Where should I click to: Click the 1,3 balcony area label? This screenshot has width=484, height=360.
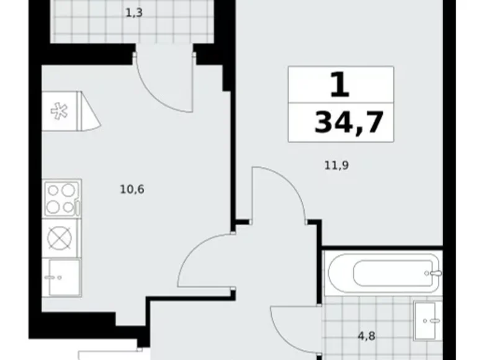[x=134, y=13]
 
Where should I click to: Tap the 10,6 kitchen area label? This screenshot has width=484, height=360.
[x=132, y=189]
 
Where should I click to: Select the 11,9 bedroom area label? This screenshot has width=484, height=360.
[x=336, y=166]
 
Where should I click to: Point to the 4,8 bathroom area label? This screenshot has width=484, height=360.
[x=366, y=336]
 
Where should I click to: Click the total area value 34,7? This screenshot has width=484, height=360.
[x=349, y=122]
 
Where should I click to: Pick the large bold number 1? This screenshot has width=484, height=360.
[x=340, y=84]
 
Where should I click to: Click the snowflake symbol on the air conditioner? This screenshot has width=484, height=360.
[x=59, y=112]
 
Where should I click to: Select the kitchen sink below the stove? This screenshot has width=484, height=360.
[x=61, y=277]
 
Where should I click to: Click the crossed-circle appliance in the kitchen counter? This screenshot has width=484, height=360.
[x=60, y=238]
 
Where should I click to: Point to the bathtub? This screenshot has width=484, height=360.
[x=383, y=273]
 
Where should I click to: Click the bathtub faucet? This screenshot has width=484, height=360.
[x=434, y=273]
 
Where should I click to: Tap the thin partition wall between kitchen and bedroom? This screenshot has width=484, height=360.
[x=233, y=161]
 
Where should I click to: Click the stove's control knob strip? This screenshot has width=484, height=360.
[x=78, y=208]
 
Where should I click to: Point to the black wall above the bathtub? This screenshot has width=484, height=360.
[x=382, y=248]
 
